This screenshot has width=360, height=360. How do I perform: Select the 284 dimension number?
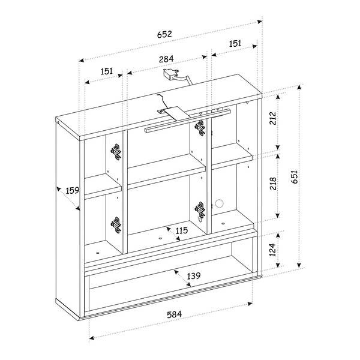point(166,59)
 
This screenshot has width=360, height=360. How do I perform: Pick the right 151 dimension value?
point(235,43)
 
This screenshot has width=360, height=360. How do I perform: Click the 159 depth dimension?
point(72,191)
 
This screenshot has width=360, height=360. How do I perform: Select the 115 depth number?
point(181,230)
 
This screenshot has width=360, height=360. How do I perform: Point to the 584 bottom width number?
point(173,314)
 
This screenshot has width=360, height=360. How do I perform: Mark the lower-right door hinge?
point(200,210)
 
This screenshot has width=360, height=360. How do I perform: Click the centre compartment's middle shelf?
point(163,169)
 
